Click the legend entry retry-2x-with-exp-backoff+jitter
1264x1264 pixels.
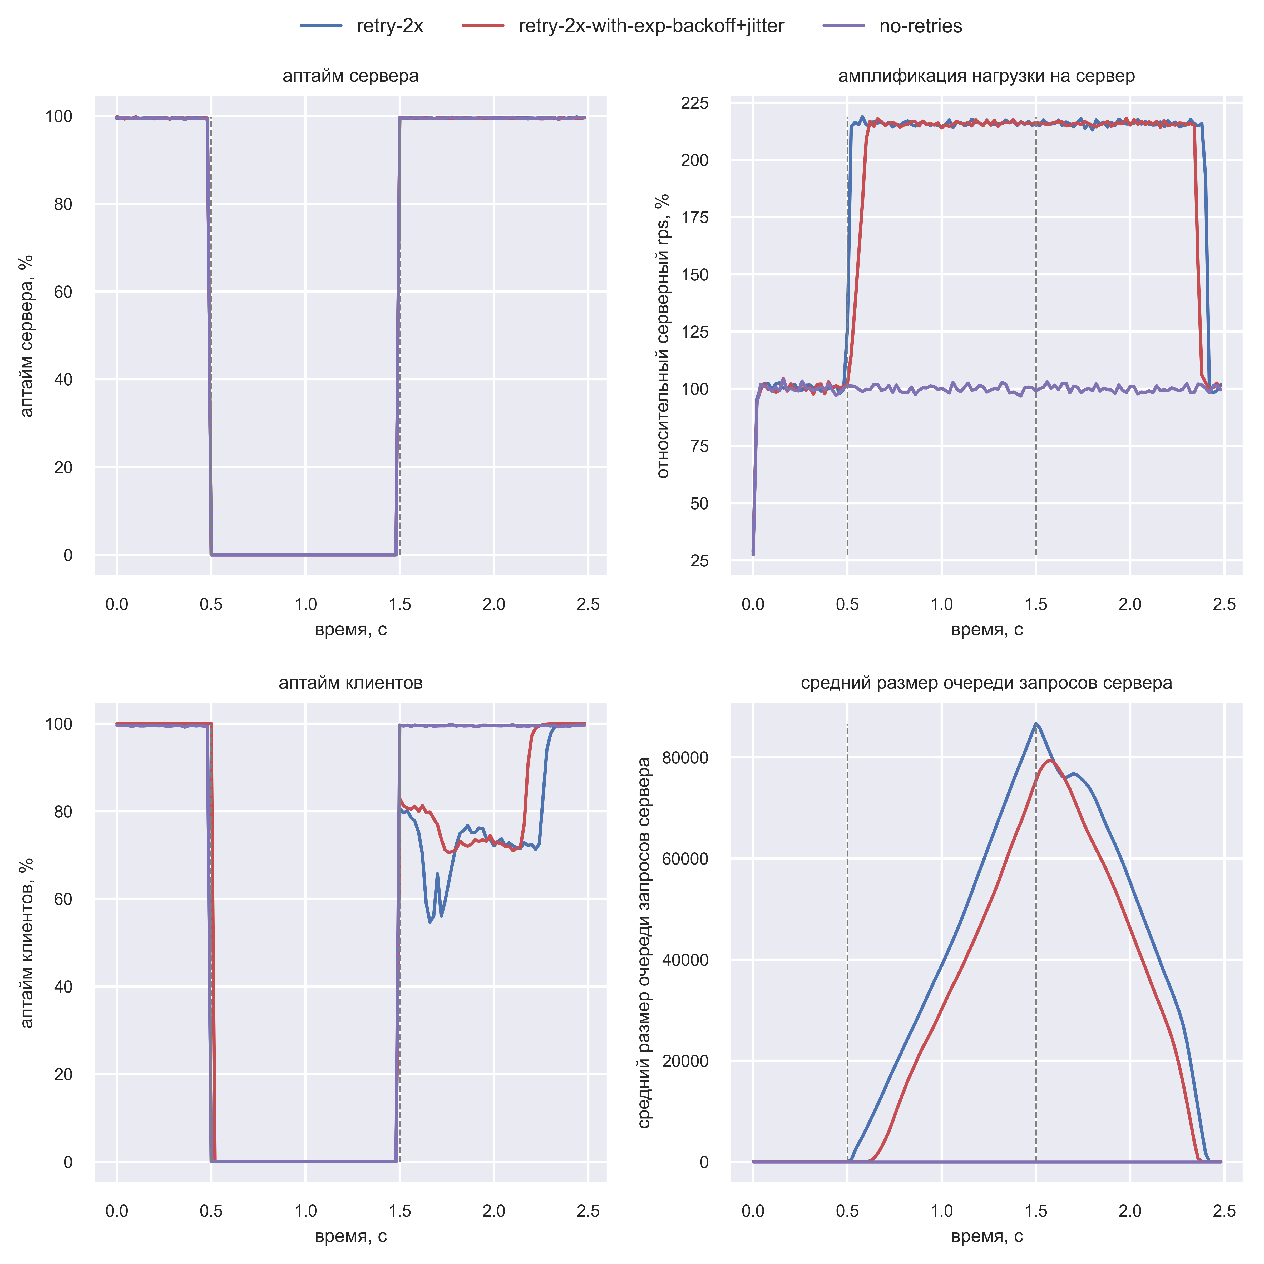point(651,26)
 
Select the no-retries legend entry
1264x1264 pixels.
point(920,26)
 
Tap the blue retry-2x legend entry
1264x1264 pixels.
point(390,26)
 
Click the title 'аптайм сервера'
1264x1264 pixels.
point(351,76)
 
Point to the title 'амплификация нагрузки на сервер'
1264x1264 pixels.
point(987,76)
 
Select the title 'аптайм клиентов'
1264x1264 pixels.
point(351,683)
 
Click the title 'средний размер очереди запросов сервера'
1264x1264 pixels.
point(987,683)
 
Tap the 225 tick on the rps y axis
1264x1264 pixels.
point(695,103)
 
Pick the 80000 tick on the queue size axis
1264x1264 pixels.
point(686,758)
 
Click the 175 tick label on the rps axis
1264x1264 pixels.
point(695,217)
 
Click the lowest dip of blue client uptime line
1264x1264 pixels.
point(430,922)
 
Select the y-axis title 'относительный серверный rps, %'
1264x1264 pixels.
point(663,336)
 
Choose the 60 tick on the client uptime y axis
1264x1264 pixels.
point(63,899)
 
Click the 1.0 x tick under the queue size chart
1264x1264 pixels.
point(941,1211)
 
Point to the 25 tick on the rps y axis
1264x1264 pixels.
point(699,561)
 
